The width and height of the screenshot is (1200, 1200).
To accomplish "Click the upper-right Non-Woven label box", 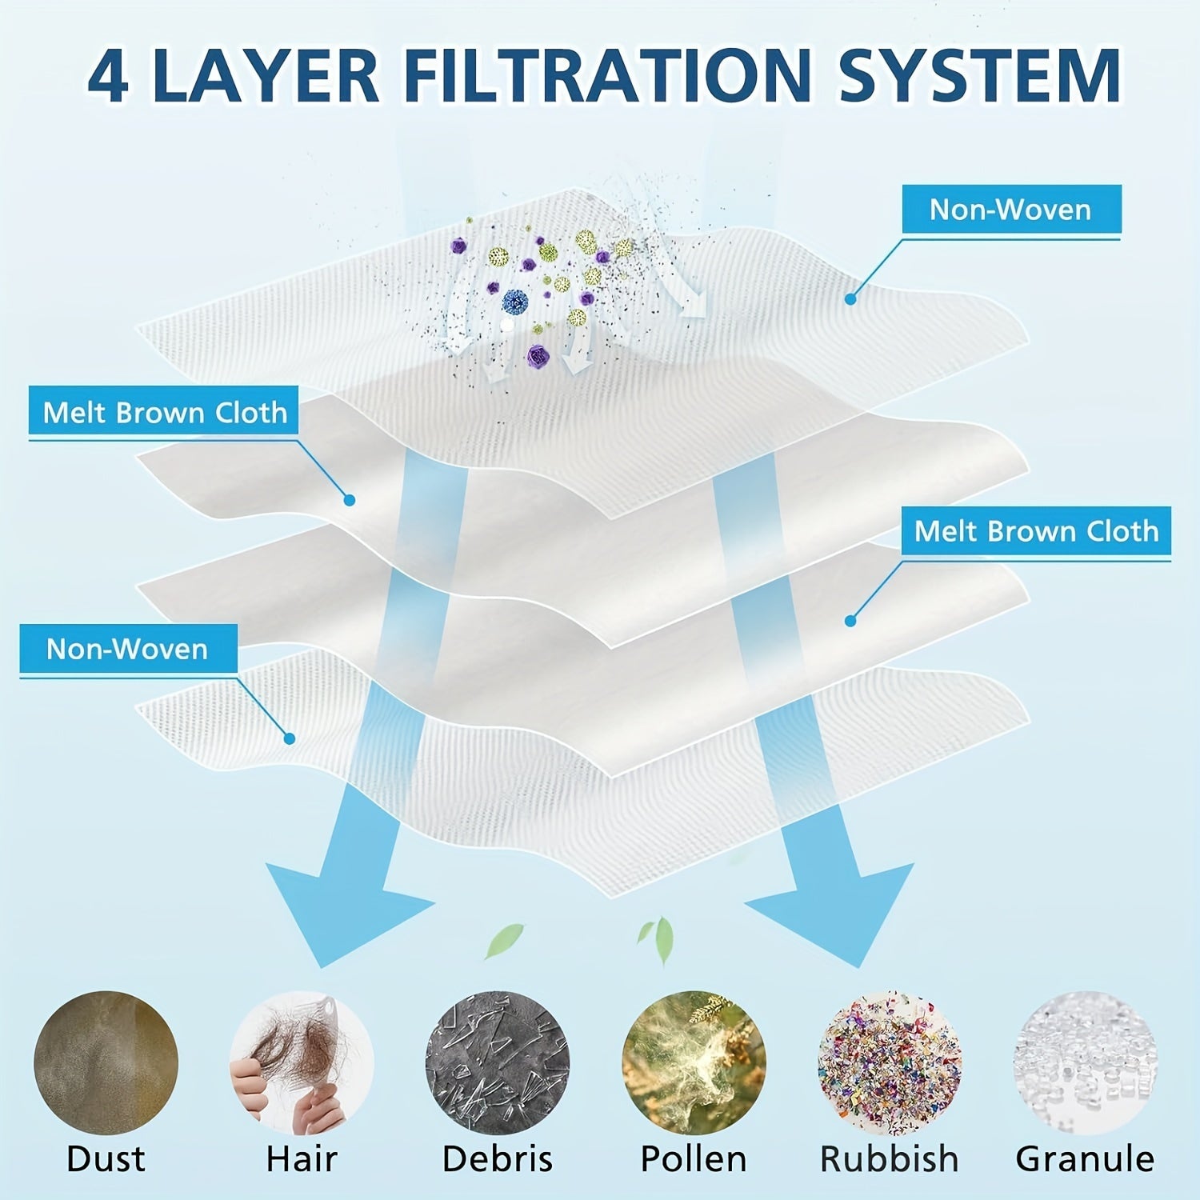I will [1010, 210].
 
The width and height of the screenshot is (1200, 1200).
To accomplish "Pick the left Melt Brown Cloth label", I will [164, 413].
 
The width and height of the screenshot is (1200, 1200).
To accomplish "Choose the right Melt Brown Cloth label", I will [1036, 531].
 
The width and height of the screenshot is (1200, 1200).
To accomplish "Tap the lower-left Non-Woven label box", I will [128, 649].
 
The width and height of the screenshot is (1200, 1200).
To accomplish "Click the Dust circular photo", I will [106, 1062].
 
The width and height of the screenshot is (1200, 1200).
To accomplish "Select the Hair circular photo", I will [302, 1062].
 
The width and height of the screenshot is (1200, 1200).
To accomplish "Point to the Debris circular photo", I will [497, 1062].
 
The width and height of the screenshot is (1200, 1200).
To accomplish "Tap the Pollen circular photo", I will [694, 1062].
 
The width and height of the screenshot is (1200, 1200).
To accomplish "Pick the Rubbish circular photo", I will [889, 1062].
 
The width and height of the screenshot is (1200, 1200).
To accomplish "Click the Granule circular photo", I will [1085, 1062].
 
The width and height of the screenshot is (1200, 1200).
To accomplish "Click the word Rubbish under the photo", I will [889, 1158].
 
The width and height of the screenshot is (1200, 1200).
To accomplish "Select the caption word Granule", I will [1085, 1158].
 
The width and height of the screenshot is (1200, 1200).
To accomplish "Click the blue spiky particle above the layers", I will [515, 302].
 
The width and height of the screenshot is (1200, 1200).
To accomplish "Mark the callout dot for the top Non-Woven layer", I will [850, 299].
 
